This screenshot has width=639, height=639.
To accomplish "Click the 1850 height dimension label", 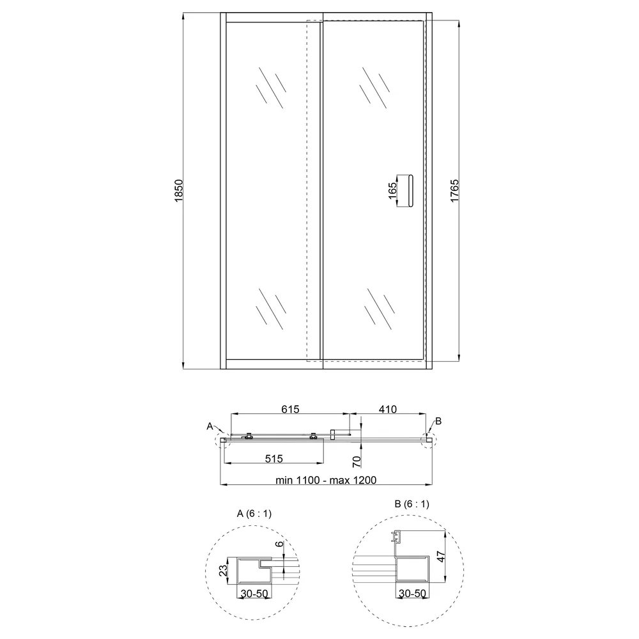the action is click(x=179, y=190).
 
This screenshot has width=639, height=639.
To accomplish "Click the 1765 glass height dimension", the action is click(x=455, y=190).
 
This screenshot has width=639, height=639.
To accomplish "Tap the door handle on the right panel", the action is click(x=410, y=191).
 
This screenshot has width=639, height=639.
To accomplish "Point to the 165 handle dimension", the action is click(x=392, y=190).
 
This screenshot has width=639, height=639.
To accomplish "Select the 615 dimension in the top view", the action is click(x=290, y=409).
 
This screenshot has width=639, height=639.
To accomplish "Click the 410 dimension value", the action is click(x=388, y=409).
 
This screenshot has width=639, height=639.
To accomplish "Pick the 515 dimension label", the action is click(x=274, y=459).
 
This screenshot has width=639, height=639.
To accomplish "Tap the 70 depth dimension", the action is click(x=357, y=461).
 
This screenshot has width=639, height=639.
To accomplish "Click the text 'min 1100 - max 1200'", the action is click(x=326, y=480).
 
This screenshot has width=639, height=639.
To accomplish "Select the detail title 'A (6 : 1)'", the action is click(x=254, y=514).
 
